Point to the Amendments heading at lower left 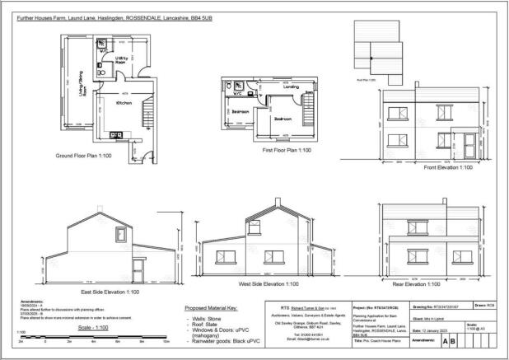point(26,302)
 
